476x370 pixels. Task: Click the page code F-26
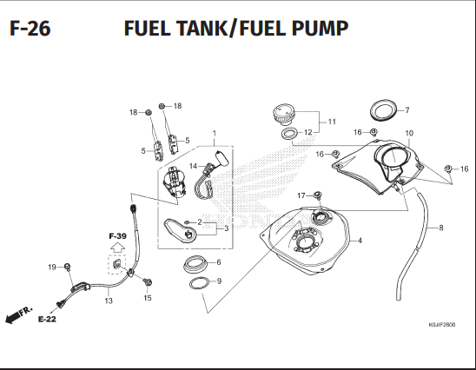pos(30,29)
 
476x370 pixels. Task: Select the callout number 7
pos(407,110)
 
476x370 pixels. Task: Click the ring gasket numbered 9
pos(200,284)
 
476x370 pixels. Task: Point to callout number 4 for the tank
pos(360,241)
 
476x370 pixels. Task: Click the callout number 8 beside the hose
pos(441,228)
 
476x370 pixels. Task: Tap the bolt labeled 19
pos(68,267)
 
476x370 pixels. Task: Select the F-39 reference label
pos(117,236)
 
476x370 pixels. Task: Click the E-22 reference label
pos(47,319)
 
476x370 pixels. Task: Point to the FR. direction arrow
pos(18,315)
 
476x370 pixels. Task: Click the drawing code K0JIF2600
pos(442,325)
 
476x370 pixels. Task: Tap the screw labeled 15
pos(148,282)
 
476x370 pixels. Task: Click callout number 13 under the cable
pos(109,301)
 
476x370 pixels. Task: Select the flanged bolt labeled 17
pos(318,195)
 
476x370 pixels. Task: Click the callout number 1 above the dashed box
pos(215,133)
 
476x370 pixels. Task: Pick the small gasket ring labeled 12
pos(288,134)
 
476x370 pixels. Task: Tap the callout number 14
pos(193,166)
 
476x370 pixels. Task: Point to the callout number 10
pos(409,133)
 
